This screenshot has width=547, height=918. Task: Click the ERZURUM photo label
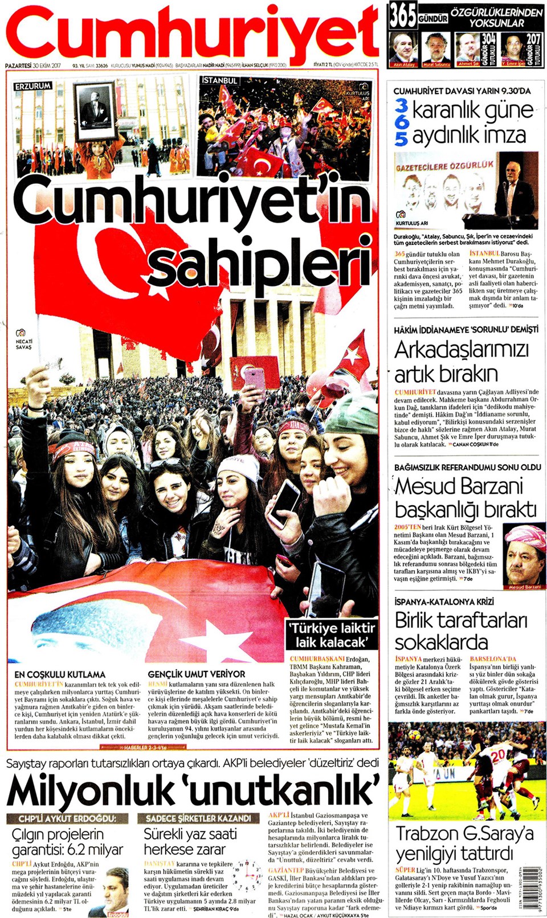pyautogui.click(x=32, y=85)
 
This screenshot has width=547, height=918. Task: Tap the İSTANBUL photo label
pyautogui.click(x=219, y=80)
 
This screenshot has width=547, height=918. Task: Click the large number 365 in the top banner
pyautogui.click(x=403, y=16)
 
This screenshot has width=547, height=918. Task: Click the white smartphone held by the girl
pyautogui.click(x=284, y=502)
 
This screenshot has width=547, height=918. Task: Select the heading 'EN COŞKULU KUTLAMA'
pyautogui.click(x=60, y=674)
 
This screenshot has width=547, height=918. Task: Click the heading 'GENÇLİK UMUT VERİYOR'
pyautogui.click(x=196, y=674)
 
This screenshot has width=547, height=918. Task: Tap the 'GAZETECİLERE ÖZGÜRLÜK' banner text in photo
pyautogui.click(x=444, y=166)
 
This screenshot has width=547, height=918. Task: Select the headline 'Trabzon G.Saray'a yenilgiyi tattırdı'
pyautogui.click(x=464, y=843)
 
